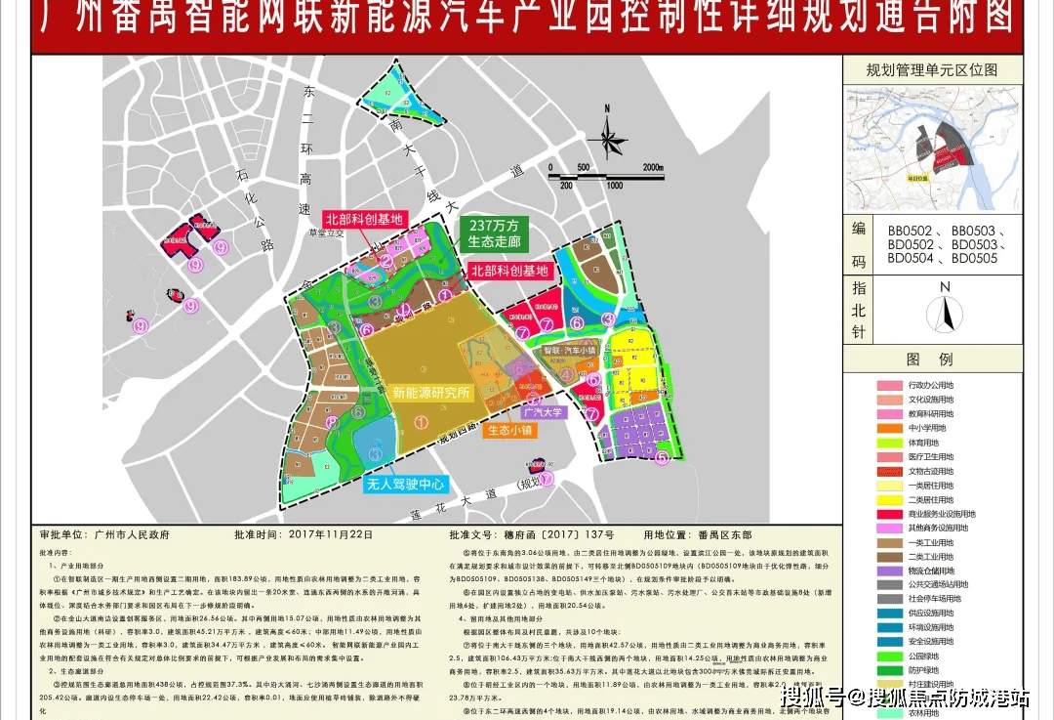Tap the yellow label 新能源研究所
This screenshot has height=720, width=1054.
click(431, 393)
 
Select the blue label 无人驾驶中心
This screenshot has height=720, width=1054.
click(405, 484)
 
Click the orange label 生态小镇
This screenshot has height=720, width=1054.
click(511, 430)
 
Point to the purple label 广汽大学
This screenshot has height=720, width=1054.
click(543, 412)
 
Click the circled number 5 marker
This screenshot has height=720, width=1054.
click(663, 456)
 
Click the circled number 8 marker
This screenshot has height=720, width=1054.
click(334, 423)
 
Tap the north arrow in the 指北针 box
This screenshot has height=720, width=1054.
click(944, 313)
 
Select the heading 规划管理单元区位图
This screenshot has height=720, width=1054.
click(932, 70)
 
